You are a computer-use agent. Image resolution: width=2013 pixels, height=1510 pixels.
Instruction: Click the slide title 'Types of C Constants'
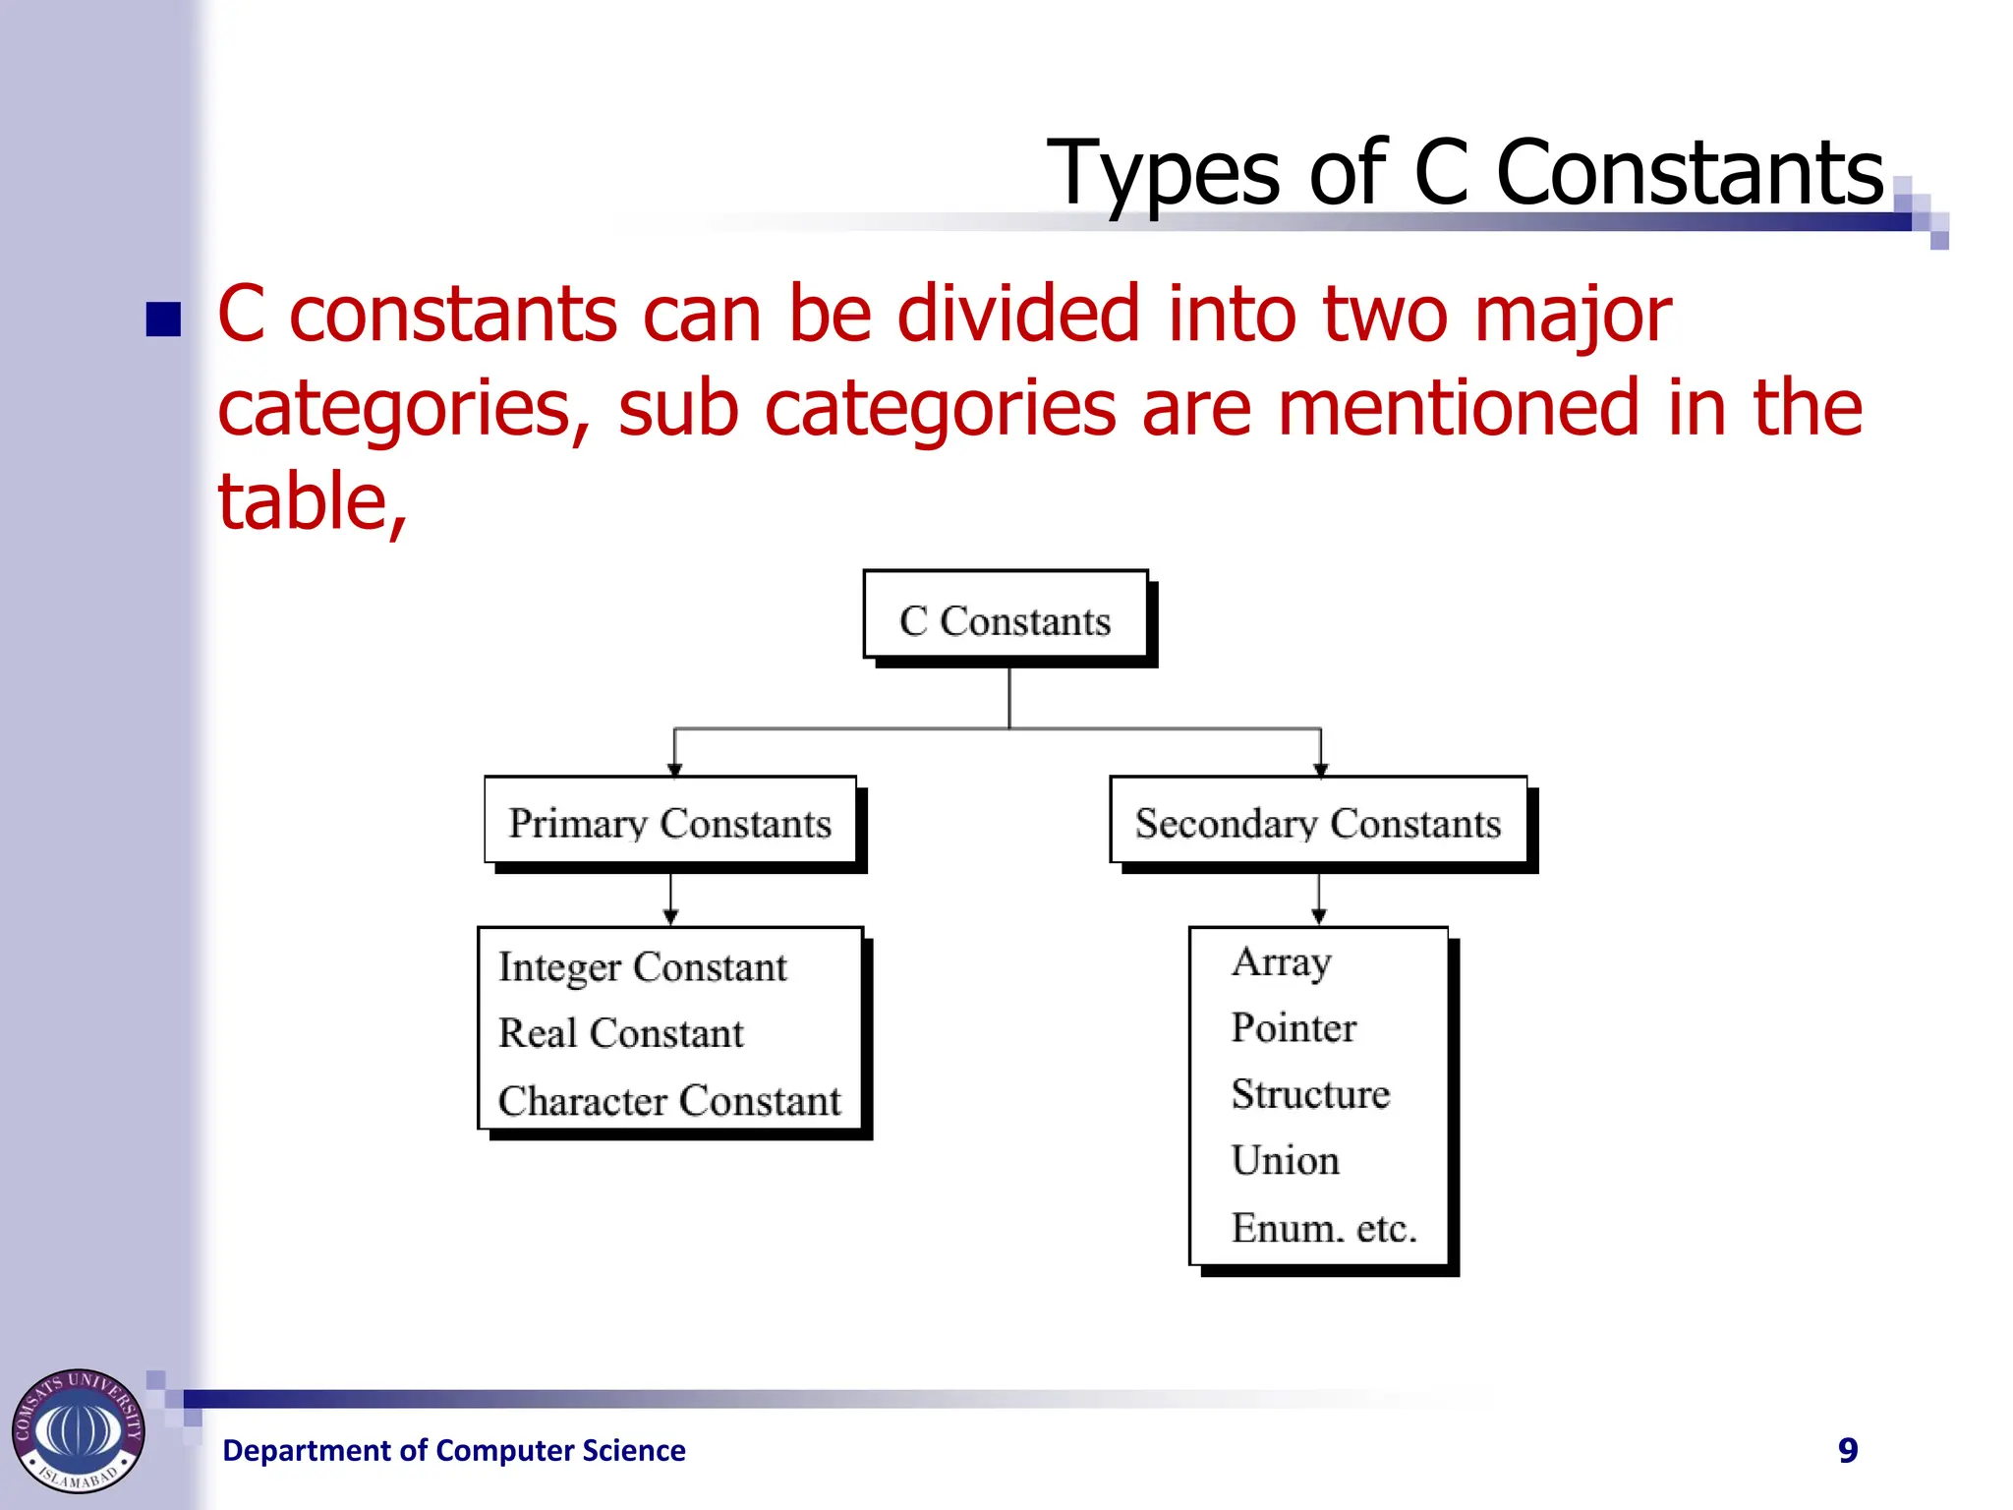tap(1465, 173)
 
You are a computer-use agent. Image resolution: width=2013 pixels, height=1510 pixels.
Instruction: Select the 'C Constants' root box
tap(1005, 620)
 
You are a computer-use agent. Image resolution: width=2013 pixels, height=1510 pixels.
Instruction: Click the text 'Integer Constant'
tap(642, 967)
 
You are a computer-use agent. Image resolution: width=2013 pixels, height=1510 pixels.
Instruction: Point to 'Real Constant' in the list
tap(620, 1033)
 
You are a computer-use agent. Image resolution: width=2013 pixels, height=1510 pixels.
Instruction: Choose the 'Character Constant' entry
tap(668, 1101)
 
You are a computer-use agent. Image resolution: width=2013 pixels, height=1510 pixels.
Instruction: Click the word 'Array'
tap(1281, 961)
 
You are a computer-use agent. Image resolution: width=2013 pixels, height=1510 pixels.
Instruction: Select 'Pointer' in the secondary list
tap(1293, 1028)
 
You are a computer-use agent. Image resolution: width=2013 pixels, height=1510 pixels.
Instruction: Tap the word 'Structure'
tap(1310, 1094)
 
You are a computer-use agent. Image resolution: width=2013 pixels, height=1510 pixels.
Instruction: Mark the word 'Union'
tap(1285, 1161)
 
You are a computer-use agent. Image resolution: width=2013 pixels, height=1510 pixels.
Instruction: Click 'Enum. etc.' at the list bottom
tap(1323, 1228)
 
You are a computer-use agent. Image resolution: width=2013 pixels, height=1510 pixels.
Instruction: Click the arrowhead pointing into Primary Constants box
tap(674, 769)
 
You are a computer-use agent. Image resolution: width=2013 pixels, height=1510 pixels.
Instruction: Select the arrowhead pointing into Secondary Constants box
tap(1320, 769)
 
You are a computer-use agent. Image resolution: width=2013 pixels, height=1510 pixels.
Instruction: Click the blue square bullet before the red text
tap(163, 319)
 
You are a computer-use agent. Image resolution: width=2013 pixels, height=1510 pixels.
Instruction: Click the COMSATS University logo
tap(78, 1430)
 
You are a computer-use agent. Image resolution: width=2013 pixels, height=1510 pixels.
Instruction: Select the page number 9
tap(1847, 1450)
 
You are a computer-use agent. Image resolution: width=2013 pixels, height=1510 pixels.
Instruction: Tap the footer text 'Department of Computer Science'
tap(453, 1450)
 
